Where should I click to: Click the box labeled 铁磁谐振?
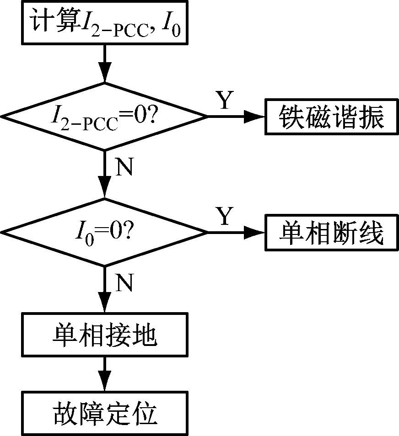click(x=331, y=117)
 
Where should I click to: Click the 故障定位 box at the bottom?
click(x=104, y=414)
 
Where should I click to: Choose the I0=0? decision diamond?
click(x=104, y=233)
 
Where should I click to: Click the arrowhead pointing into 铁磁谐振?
click(x=256, y=117)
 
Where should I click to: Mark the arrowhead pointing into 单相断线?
click(x=256, y=233)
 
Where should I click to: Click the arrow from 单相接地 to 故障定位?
click(x=105, y=374)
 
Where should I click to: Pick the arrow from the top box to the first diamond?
click(x=105, y=64)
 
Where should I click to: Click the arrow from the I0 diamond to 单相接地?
click(x=105, y=290)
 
